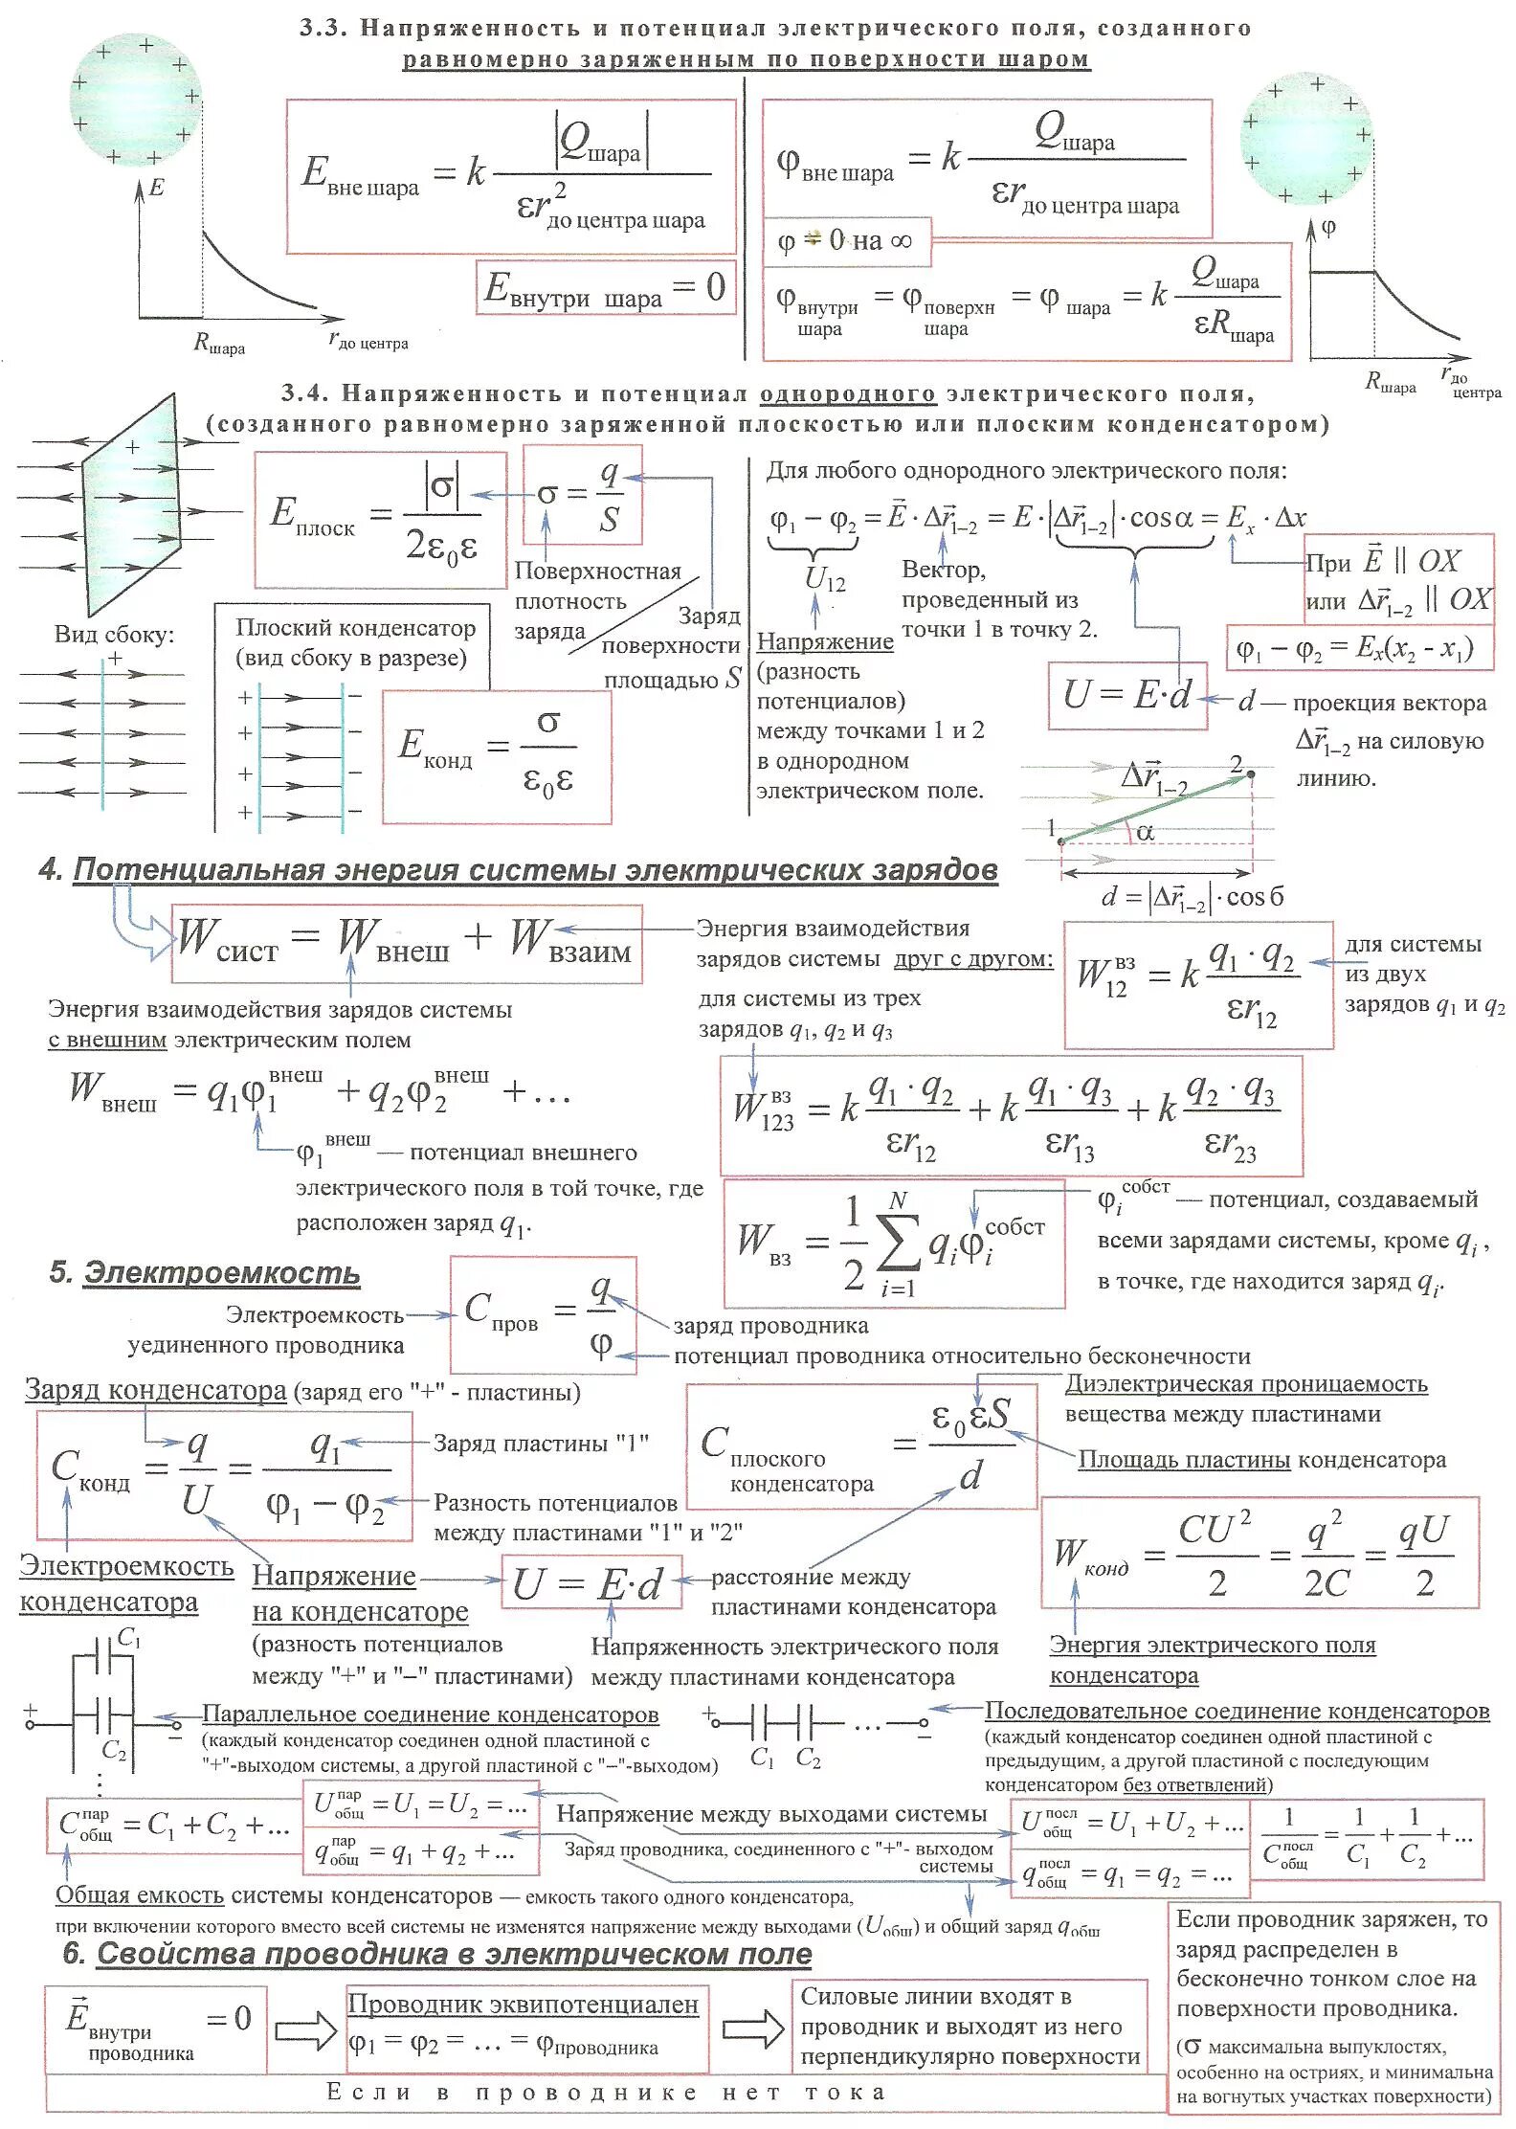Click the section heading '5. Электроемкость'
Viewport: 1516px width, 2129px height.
tap(205, 1273)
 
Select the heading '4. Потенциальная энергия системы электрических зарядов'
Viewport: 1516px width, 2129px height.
tap(518, 869)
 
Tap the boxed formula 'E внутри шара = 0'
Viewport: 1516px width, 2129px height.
tap(605, 287)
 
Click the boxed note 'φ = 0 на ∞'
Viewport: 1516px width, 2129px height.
tap(846, 240)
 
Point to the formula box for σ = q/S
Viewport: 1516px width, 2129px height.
tap(582, 494)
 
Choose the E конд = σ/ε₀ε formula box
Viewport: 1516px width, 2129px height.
tap(496, 757)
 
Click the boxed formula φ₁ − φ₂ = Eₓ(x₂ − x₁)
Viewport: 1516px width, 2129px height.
tap(1359, 649)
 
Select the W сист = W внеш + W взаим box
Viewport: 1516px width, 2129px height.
tap(406, 942)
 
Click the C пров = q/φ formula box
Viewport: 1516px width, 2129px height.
tap(543, 1315)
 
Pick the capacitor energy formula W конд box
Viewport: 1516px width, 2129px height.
tap(1259, 1553)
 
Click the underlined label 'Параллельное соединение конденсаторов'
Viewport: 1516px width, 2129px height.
tap(431, 1714)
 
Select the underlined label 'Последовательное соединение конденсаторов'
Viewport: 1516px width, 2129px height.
tap(1237, 1710)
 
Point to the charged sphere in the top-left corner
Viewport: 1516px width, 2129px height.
tap(136, 99)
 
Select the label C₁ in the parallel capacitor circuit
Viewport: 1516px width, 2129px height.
tap(128, 1639)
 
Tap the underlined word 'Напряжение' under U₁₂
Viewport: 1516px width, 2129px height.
tap(825, 641)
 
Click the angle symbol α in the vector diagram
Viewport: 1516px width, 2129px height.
tap(1145, 833)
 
